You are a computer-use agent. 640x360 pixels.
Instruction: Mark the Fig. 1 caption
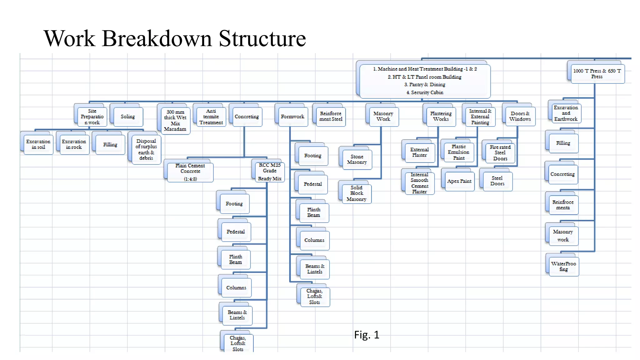(x=367, y=335)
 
